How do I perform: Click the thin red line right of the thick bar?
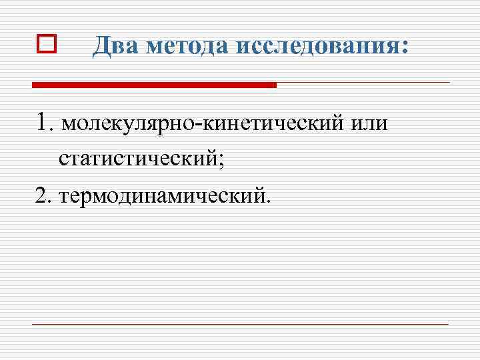pyautogui.click(x=363, y=83)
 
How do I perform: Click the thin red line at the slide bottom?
pyautogui.click(x=240, y=324)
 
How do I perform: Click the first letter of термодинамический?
pyautogui.click(x=63, y=197)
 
